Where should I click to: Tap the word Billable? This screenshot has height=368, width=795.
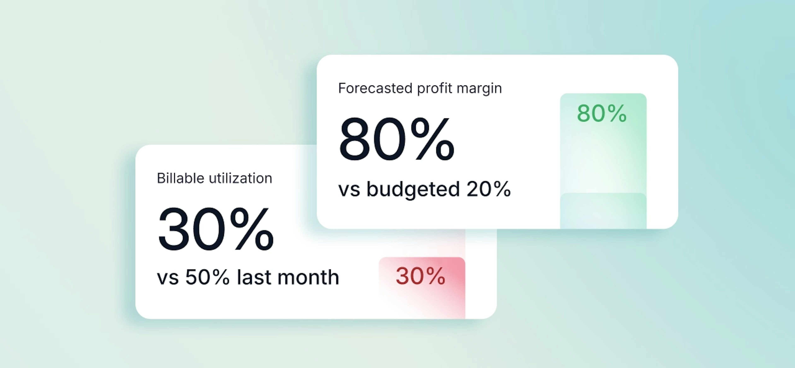[181, 178]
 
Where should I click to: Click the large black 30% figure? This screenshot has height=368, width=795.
[216, 229]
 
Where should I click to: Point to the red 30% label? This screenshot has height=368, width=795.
[420, 276]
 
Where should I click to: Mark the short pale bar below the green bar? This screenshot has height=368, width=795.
[603, 211]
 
